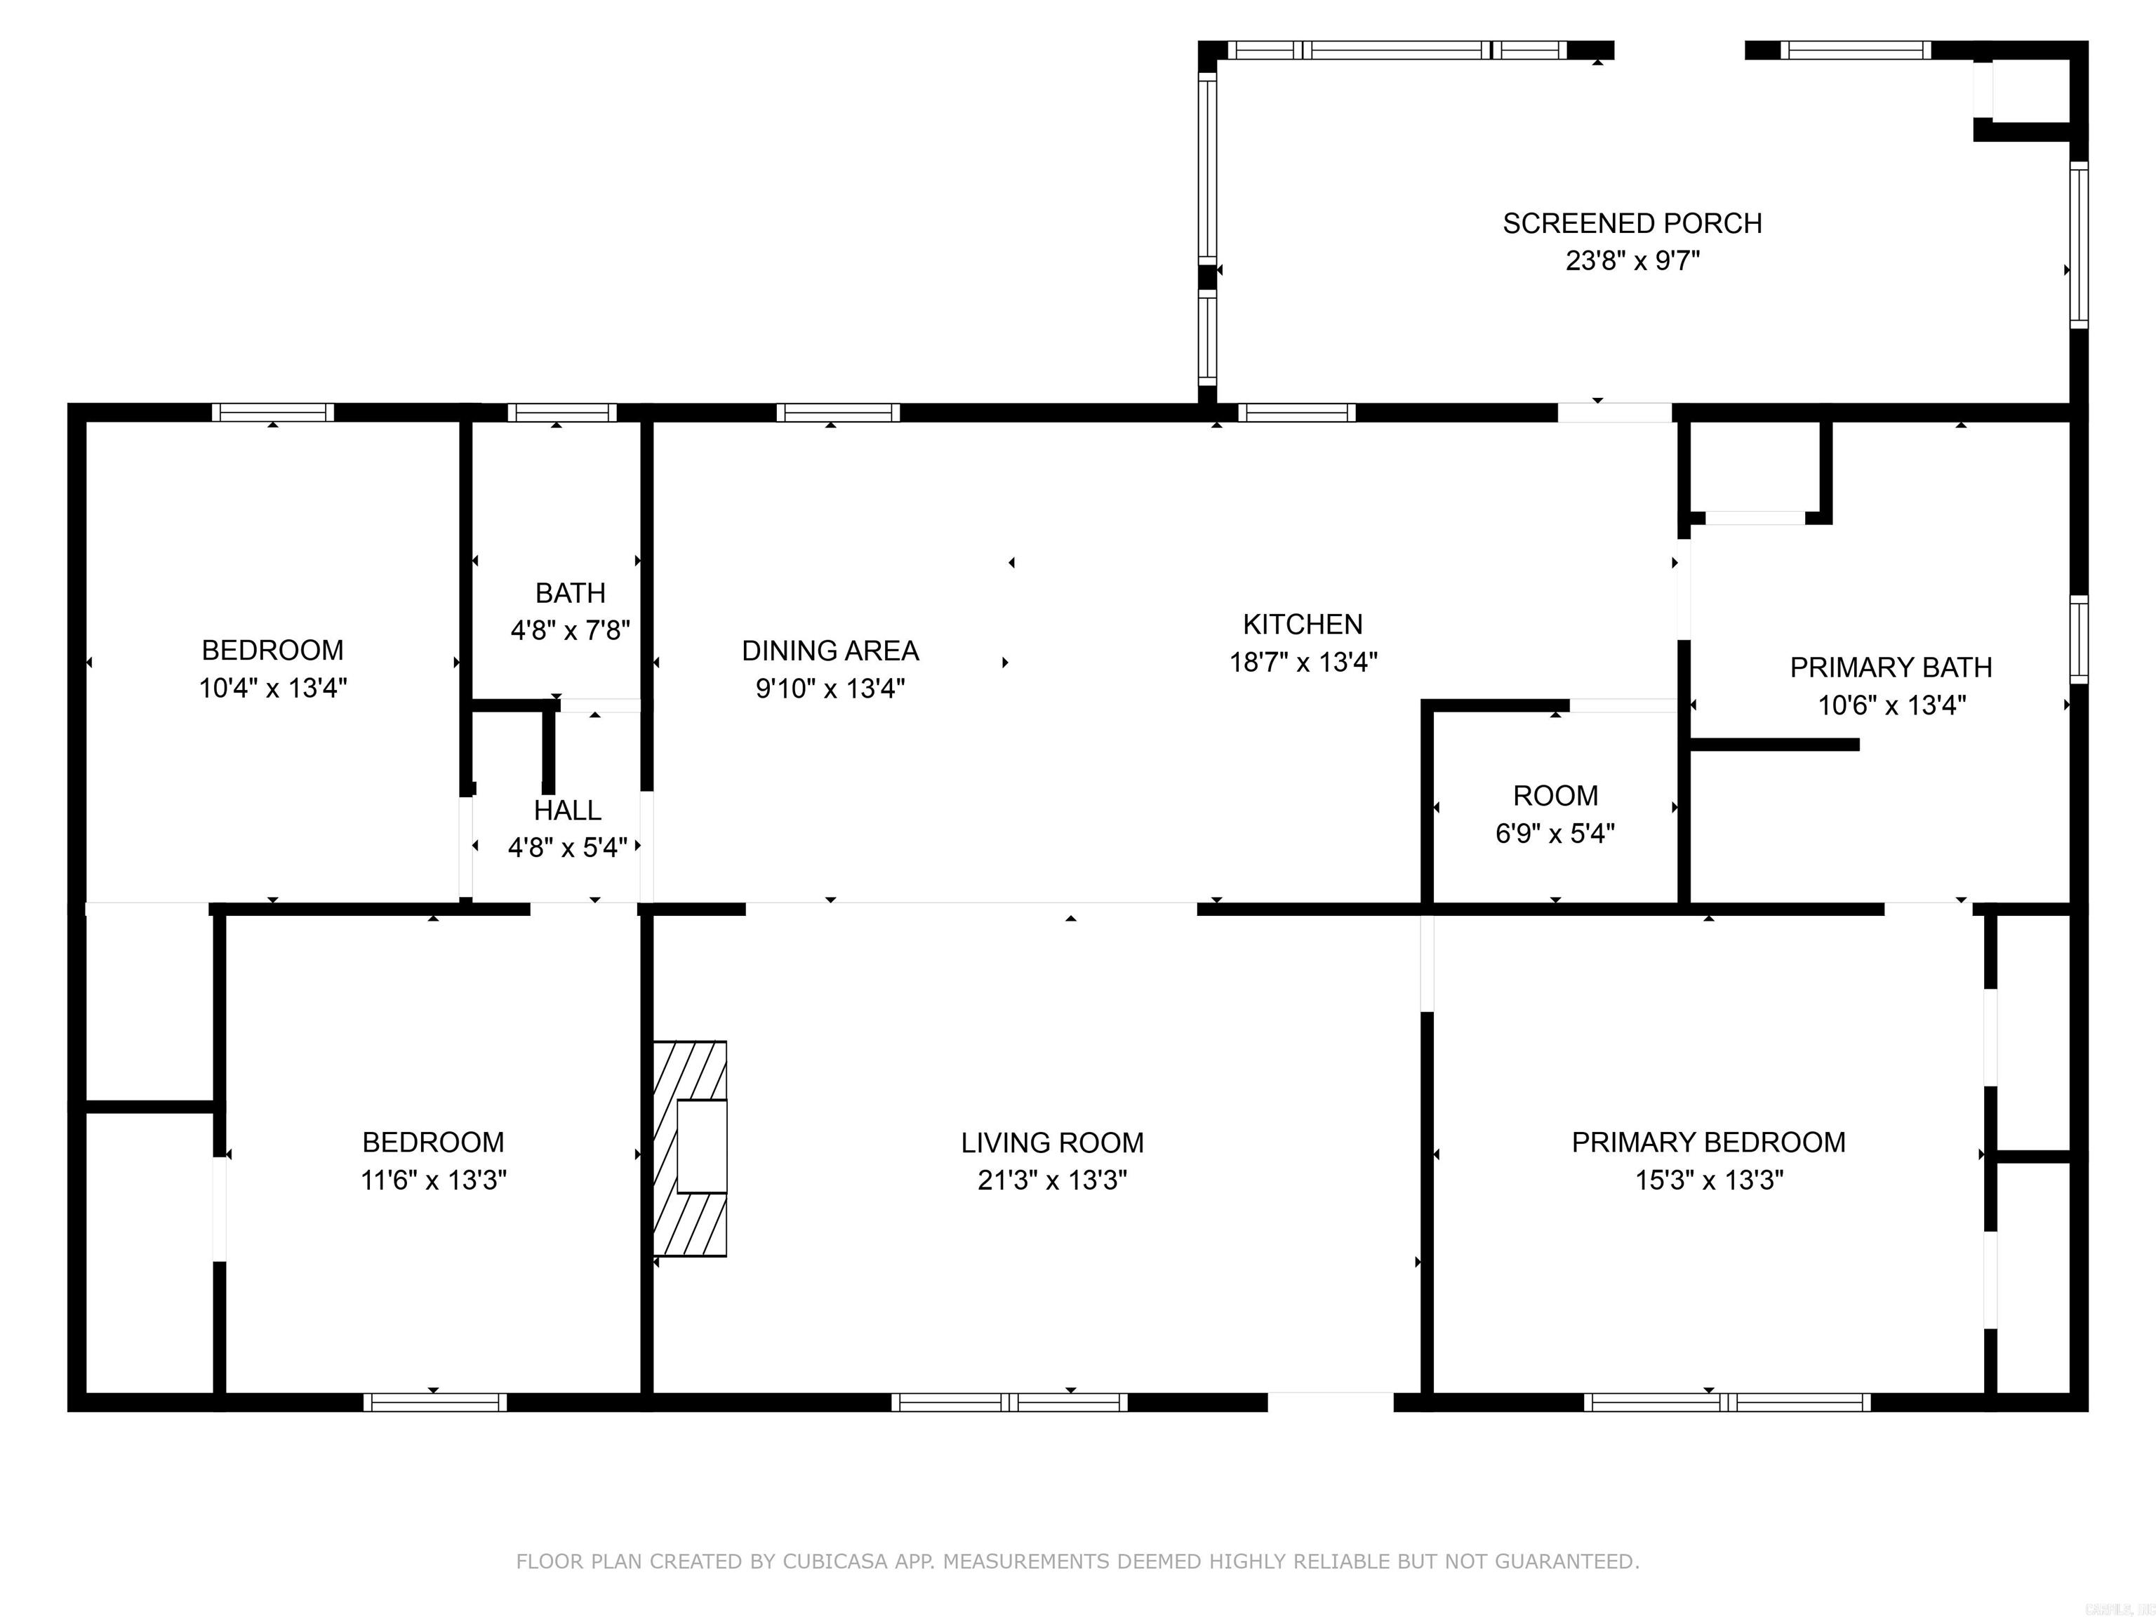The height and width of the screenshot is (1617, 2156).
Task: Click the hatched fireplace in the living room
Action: click(690, 1148)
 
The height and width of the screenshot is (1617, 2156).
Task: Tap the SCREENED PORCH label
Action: click(1632, 223)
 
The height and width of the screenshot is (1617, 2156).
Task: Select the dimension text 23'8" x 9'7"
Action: click(1632, 261)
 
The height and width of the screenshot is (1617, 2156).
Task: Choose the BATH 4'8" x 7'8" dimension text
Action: click(570, 631)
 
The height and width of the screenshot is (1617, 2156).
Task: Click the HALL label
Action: click(567, 810)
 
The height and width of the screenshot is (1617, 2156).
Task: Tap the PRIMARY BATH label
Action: click(1890, 667)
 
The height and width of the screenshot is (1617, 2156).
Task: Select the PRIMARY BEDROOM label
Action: click(1708, 1143)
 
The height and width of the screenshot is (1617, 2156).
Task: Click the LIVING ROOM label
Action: click(1052, 1143)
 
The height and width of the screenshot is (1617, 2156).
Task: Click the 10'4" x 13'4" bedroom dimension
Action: click(273, 688)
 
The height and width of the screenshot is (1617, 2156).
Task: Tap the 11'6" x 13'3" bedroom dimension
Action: click(433, 1180)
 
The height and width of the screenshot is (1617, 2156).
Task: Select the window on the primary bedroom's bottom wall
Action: click(1726, 1402)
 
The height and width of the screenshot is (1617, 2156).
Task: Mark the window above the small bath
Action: click(561, 412)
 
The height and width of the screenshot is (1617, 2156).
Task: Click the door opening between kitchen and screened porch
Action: click(1614, 412)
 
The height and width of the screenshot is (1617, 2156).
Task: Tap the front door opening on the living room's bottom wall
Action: click(1331, 1402)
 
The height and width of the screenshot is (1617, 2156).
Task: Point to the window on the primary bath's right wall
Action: click(2078, 639)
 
